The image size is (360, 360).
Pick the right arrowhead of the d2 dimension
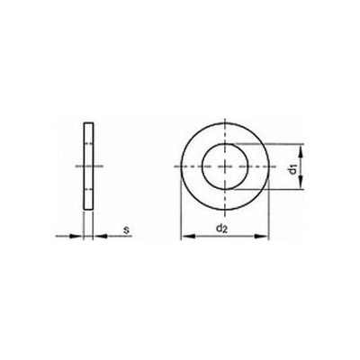(x=263, y=238)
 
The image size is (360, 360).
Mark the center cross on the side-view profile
(x=88, y=167)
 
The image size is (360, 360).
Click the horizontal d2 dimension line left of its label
(x=200, y=238)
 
